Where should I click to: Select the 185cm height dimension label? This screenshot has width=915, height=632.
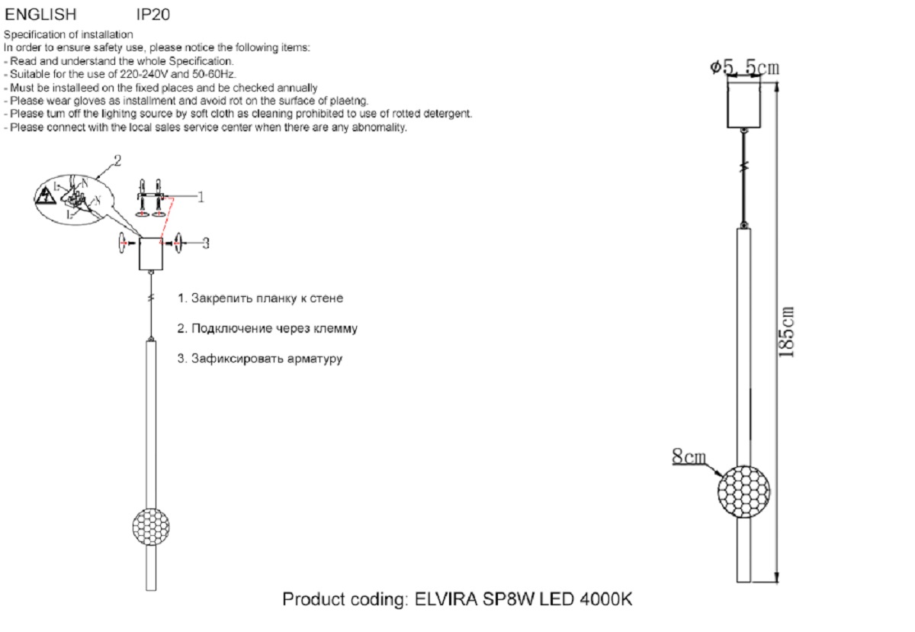788,332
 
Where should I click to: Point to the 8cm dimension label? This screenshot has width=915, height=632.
688,457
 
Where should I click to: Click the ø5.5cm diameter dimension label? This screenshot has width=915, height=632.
744,68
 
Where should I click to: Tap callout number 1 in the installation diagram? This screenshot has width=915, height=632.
201,197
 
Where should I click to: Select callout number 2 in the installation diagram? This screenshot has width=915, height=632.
117,161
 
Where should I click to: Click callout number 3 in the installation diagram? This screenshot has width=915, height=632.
206,243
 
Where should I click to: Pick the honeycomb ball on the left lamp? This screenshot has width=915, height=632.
151,526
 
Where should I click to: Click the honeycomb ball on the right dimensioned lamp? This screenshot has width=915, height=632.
743,489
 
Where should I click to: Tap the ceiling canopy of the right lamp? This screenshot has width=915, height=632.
744,105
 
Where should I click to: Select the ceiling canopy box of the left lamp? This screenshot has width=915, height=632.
151,253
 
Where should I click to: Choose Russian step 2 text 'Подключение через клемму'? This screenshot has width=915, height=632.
267,328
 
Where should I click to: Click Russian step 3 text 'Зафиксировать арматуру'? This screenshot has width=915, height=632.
259,359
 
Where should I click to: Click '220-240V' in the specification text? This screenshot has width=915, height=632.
146,75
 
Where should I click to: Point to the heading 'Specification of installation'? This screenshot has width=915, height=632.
69,35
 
